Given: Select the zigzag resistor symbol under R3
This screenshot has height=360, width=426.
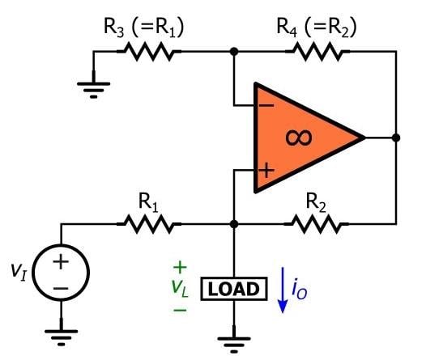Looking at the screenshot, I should [x=147, y=52].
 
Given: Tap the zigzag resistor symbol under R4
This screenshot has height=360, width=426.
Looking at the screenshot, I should [x=317, y=52].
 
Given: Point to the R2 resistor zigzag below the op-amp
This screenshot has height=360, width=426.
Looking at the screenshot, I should [x=317, y=223].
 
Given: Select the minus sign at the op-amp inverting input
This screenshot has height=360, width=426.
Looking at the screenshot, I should [x=264, y=106].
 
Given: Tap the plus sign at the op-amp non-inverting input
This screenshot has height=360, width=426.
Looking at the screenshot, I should [x=264, y=170].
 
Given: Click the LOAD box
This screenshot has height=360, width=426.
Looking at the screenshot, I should [x=233, y=289].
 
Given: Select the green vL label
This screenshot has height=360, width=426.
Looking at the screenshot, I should [x=180, y=289].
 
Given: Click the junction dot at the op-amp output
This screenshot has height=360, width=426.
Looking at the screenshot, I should [x=395, y=138].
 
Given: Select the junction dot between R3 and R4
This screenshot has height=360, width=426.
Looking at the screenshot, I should [x=233, y=52].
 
